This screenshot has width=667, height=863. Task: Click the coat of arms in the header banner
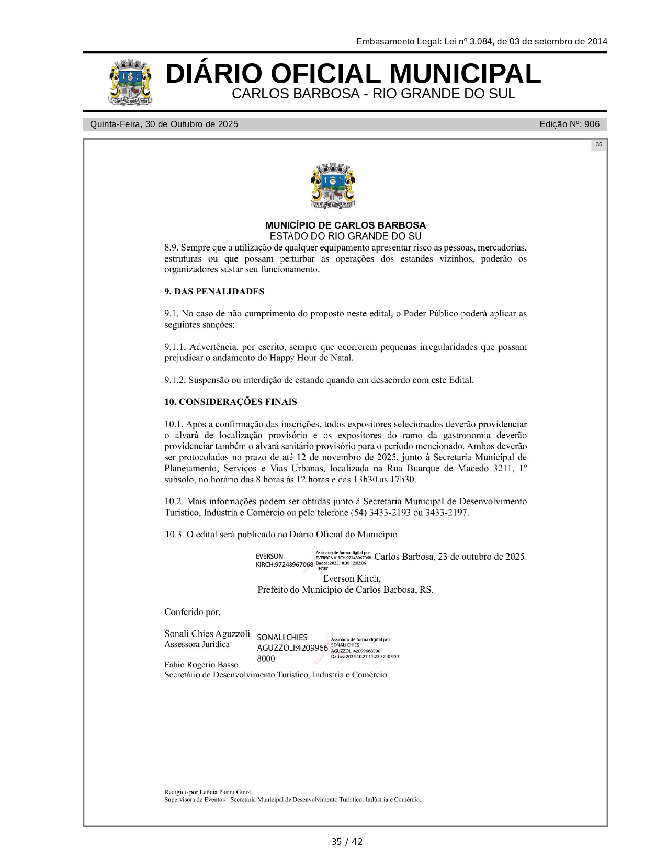(131, 82)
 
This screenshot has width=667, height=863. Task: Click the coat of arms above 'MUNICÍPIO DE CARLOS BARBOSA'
(333, 186)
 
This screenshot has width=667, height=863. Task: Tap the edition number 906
(592, 124)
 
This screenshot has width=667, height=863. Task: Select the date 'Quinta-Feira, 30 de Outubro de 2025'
(164, 124)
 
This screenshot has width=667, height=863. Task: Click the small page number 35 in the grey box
(598, 145)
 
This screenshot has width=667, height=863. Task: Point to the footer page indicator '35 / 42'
(346, 842)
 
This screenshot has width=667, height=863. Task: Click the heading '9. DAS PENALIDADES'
(214, 292)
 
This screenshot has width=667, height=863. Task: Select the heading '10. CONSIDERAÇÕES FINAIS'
(231, 402)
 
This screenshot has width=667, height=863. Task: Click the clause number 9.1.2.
(175, 380)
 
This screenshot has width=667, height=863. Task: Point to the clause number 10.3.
(174, 535)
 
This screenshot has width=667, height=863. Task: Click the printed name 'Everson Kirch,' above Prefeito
(352, 578)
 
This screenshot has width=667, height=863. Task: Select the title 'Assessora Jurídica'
(197, 644)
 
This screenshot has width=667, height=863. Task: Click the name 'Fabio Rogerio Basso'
(201, 665)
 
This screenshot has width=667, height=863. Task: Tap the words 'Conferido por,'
(192, 611)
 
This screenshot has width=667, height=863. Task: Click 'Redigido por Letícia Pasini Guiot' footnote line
(208, 792)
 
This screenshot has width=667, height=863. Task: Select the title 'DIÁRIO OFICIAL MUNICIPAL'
(353, 74)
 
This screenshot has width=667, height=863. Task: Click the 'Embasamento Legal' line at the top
(481, 41)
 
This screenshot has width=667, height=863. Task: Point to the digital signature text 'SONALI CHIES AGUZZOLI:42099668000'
(292, 648)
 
